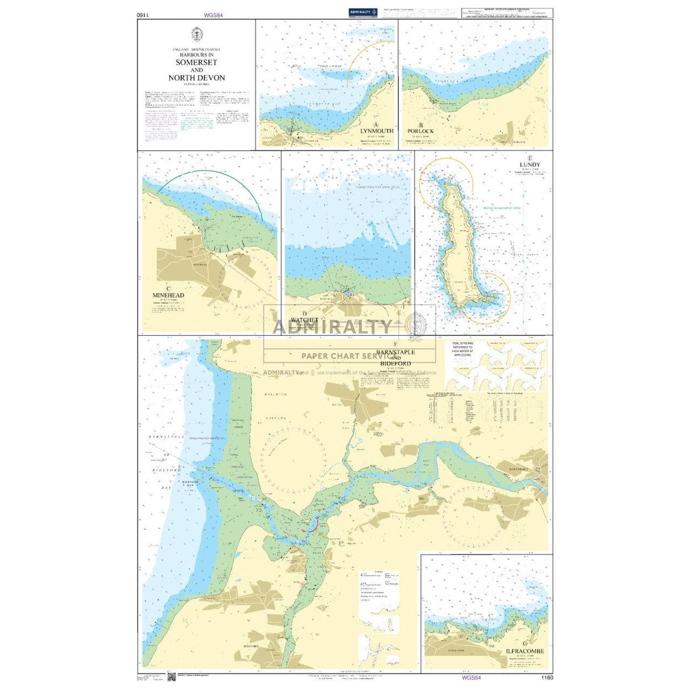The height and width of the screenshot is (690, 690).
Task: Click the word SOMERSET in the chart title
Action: pos(196,63)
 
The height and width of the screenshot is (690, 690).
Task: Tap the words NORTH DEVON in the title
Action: pos(196,78)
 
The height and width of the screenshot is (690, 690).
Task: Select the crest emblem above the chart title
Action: pos(196,35)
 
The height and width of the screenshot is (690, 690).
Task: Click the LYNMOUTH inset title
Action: pos(376,131)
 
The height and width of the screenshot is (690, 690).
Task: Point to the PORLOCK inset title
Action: pos(420,131)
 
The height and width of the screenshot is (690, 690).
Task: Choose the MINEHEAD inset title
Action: pos(168,296)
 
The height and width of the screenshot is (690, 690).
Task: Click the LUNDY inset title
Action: pos(530,165)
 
